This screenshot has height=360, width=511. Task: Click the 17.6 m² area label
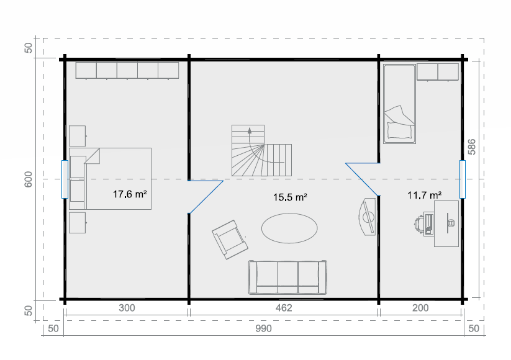130,194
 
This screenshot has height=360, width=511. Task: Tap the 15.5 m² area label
290,197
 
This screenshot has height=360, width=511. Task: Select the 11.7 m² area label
424,195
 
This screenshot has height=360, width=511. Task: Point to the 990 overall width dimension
263,328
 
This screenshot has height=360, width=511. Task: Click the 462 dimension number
284,308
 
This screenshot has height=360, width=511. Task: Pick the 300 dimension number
127,308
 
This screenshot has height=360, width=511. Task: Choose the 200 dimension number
420,308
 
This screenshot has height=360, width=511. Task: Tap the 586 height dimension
471,147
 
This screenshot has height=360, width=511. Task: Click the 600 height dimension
29,179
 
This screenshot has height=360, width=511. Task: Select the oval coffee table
289,228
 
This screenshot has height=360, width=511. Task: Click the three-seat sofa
287,277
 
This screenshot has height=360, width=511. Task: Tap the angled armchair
230,240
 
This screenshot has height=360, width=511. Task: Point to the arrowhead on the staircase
250,130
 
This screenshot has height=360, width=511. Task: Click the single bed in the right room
399,104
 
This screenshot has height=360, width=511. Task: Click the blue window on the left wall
65,179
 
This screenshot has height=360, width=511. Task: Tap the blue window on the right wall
463,179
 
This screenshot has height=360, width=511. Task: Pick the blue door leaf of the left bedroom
206,197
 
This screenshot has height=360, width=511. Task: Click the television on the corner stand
368,217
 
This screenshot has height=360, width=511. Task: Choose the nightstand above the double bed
78,136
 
